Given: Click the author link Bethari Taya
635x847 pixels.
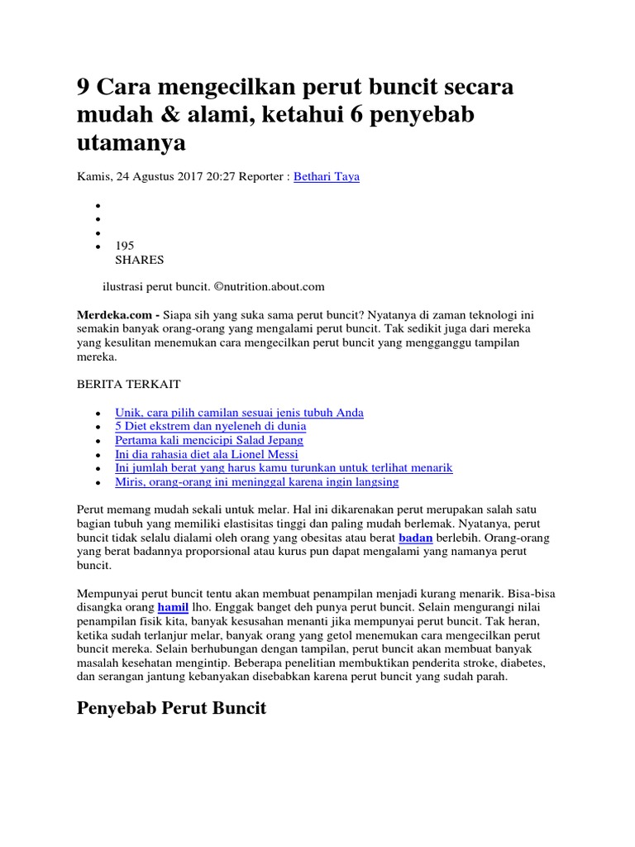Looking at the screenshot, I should pyautogui.click(x=327, y=176).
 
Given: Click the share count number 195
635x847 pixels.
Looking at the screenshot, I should pyautogui.click(x=124, y=246).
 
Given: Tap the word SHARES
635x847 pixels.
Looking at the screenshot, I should pyautogui.click(x=139, y=260).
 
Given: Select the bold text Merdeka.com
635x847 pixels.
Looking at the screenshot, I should pyautogui.click(x=116, y=315).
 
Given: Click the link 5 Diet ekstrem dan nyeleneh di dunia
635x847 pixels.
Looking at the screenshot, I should pyautogui.click(x=211, y=426).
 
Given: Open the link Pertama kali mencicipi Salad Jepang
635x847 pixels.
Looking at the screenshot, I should pyautogui.click(x=209, y=440).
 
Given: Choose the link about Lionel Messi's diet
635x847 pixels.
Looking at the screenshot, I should pyautogui.click(x=207, y=454).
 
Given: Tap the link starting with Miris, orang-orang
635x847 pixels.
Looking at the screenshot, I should pyautogui.click(x=257, y=481).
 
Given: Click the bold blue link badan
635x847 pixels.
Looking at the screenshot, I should pyautogui.click(x=416, y=537).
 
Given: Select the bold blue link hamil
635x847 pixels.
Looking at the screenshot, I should pyautogui.click(x=174, y=606).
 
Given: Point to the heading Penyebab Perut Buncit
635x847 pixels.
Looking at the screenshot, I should pyautogui.click(x=171, y=709).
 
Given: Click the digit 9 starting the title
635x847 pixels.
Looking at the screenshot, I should pyautogui.click(x=84, y=88).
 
